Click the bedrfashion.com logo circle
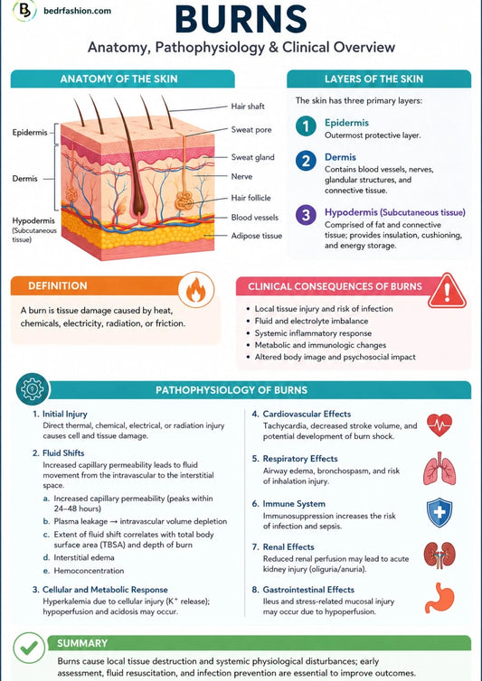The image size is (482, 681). [24, 11]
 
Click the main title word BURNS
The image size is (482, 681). [241, 19]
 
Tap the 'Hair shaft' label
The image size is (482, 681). [248, 107]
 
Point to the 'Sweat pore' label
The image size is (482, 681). [251, 129]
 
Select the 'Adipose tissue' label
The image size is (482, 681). [256, 236]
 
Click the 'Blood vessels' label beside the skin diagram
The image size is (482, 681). [254, 217]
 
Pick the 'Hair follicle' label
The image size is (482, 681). [250, 198]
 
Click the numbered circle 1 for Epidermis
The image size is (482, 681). [307, 126]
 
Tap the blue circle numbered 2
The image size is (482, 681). [307, 161]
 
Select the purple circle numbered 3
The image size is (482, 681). [307, 215]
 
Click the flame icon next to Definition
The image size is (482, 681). [196, 290]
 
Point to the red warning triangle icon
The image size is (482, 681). [447, 291]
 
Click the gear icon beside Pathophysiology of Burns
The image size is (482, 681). [33, 389]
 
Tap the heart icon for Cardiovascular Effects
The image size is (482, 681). [439, 424]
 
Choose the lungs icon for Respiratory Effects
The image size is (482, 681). [439, 469]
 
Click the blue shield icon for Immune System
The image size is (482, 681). [439, 512]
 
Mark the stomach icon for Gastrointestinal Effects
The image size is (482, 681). [439, 598]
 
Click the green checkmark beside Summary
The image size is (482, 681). [29, 648]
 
